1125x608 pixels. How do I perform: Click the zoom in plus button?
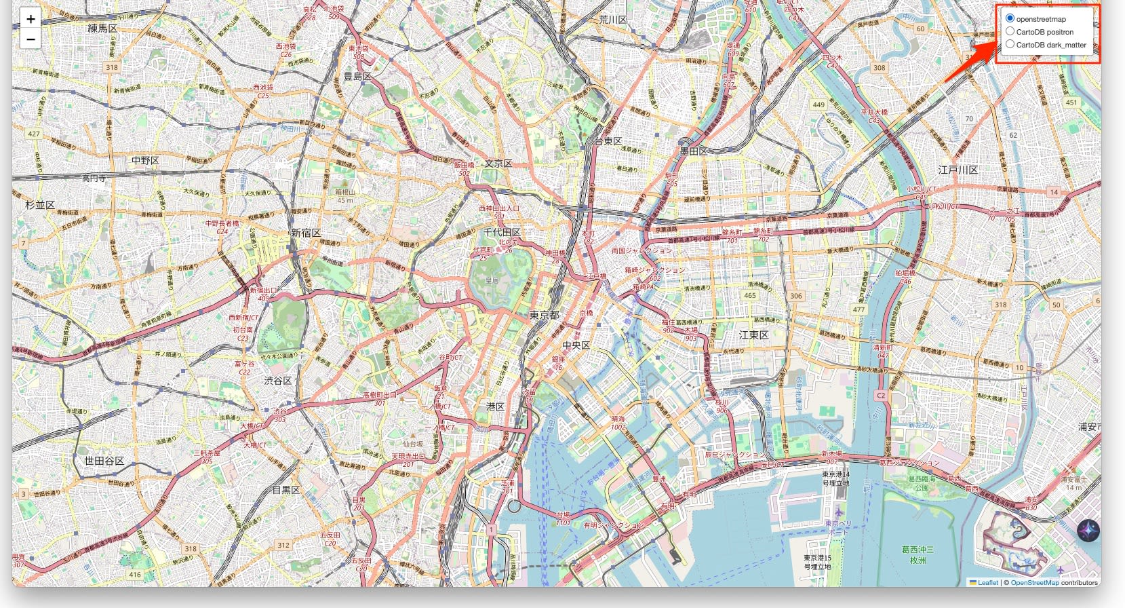[x=31, y=19]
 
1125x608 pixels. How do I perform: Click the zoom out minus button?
[x=31, y=39]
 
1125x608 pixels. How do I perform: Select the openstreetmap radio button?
[x=1010, y=18]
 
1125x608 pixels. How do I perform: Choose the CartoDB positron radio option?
[x=1010, y=31]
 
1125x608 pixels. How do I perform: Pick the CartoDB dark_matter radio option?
[x=1010, y=44]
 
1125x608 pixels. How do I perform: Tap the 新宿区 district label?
[x=306, y=233]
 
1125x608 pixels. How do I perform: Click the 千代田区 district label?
[x=502, y=232]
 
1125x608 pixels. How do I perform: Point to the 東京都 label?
[x=545, y=316]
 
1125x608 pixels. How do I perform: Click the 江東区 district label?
[x=753, y=335]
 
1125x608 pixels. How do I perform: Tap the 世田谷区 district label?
[x=104, y=461]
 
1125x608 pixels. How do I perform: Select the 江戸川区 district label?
[x=958, y=170]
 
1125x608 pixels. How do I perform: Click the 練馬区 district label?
[x=102, y=28]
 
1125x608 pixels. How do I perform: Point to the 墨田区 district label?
[x=693, y=151]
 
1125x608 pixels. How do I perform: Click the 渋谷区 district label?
[x=278, y=381]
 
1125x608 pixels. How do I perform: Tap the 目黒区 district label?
[x=285, y=489]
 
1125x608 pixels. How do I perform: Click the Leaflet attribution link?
[x=987, y=582]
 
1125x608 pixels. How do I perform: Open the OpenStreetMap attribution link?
[x=1034, y=582]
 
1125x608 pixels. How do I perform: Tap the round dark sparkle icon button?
[x=1088, y=531]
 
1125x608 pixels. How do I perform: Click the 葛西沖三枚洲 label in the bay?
[x=917, y=554]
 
